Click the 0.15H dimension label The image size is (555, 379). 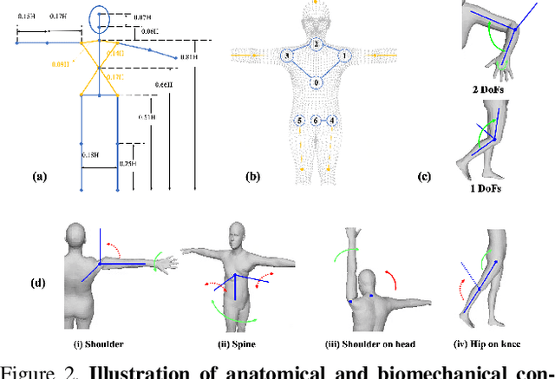[x=26, y=16]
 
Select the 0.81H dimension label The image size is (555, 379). [x=190, y=57]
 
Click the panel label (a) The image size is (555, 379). [x=38, y=176]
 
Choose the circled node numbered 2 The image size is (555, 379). [x=317, y=43]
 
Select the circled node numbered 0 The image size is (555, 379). [x=317, y=82]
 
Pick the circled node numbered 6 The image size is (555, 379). [x=317, y=121]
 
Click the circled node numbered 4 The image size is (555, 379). [x=332, y=121]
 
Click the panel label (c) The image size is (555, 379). [x=424, y=176]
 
